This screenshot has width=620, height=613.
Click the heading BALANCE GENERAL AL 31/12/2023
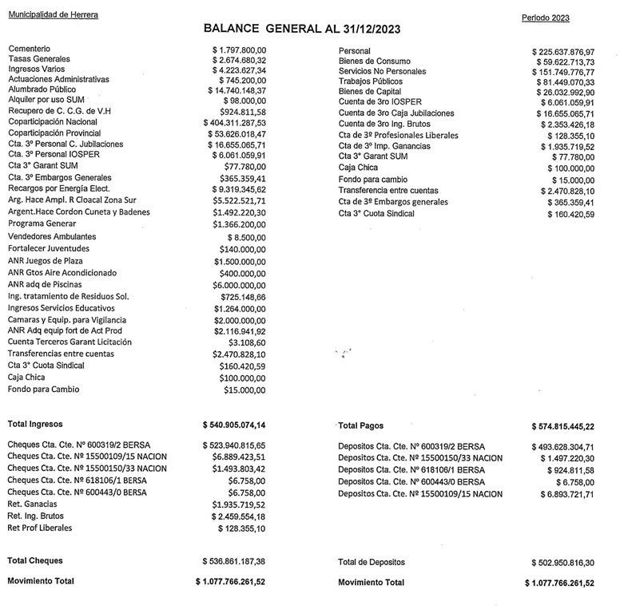(302, 29)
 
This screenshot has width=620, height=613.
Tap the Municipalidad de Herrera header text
(53, 15)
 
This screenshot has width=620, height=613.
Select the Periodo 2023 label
(545, 18)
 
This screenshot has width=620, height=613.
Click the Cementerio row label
(30, 49)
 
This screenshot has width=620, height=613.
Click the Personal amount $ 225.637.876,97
(562, 52)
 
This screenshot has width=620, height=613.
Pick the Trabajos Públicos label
(370, 81)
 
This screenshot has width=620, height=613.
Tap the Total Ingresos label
(35, 424)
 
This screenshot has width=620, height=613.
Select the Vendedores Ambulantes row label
(52, 237)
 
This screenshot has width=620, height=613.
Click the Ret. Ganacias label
(34, 505)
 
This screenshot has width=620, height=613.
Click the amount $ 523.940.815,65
(236, 445)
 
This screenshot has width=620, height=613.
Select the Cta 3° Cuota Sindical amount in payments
(568, 215)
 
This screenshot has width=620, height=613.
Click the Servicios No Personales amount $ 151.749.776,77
(562, 72)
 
